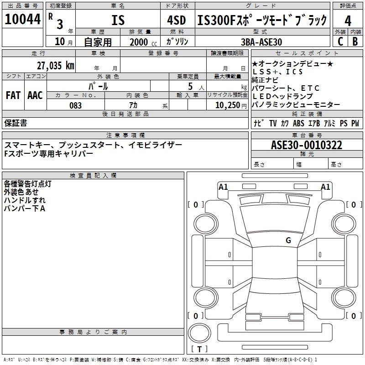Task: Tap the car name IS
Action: tap(118, 21)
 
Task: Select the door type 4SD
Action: tap(177, 21)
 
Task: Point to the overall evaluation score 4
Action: tap(348, 21)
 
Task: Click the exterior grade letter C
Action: tap(340, 42)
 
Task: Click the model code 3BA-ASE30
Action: tap(261, 42)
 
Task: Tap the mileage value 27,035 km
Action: tap(55, 65)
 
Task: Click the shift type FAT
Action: tap(13, 95)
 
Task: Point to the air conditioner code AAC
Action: tap(35, 95)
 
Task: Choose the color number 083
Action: tap(76, 105)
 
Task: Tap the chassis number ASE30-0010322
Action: tap(307, 146)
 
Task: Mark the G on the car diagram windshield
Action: tap(288, 240)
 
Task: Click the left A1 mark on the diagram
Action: tap(223, 187)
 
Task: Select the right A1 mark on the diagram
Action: tap(326, 187)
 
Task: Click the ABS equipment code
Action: tap(298, 123)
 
